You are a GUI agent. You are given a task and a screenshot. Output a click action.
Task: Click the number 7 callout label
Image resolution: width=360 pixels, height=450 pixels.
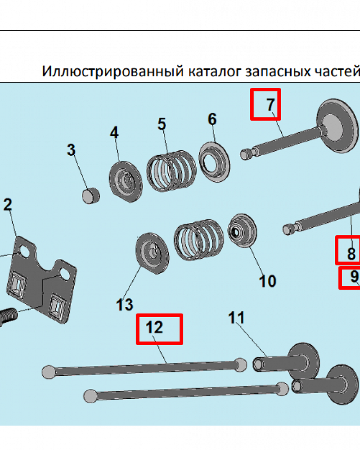(x=270, y=104)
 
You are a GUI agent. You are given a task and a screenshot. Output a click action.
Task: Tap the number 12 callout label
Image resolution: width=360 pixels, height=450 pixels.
(x=155, y=327)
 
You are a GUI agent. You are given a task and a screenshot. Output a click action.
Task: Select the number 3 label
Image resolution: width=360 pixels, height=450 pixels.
(x=71, y=150)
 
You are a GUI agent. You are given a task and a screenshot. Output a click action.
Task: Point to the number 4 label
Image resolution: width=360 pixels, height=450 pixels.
(x=114, y=133)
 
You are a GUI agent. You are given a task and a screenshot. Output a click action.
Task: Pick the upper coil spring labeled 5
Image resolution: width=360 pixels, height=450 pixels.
(x=171, y=171)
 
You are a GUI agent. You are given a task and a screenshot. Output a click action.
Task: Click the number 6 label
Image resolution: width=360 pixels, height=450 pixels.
(x=212, y=119)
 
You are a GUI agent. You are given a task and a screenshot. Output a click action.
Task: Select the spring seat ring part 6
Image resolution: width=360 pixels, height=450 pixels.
(x=214, y=162)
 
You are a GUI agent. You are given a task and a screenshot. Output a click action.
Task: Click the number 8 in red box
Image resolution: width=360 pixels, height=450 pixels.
(x=351, y=254)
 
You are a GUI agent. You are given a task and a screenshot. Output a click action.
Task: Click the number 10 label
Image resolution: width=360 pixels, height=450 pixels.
(x=267, y=281)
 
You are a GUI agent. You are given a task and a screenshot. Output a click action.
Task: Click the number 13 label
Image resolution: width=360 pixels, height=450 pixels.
(x=125, y=305)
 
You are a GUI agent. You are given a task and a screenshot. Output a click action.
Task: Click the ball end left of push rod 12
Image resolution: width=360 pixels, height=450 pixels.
(x=48, y=371)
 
